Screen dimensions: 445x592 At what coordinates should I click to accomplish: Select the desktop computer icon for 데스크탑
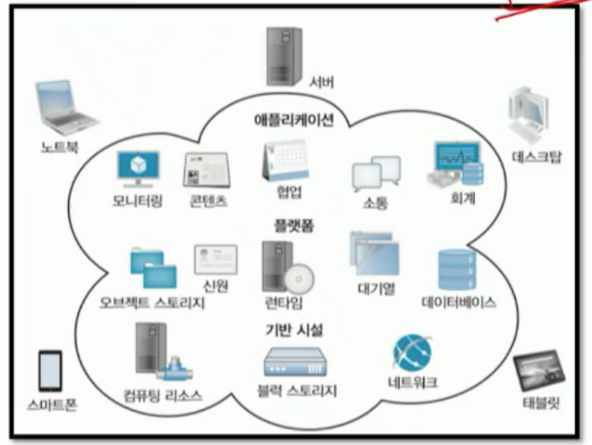tap(530, 116)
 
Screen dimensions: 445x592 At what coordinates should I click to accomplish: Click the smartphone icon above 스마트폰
tap(50, 370)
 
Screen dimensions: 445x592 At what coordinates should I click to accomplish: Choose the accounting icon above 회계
tap(455, 163)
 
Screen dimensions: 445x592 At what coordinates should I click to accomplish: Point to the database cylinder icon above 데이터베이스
tap(456, 269)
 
